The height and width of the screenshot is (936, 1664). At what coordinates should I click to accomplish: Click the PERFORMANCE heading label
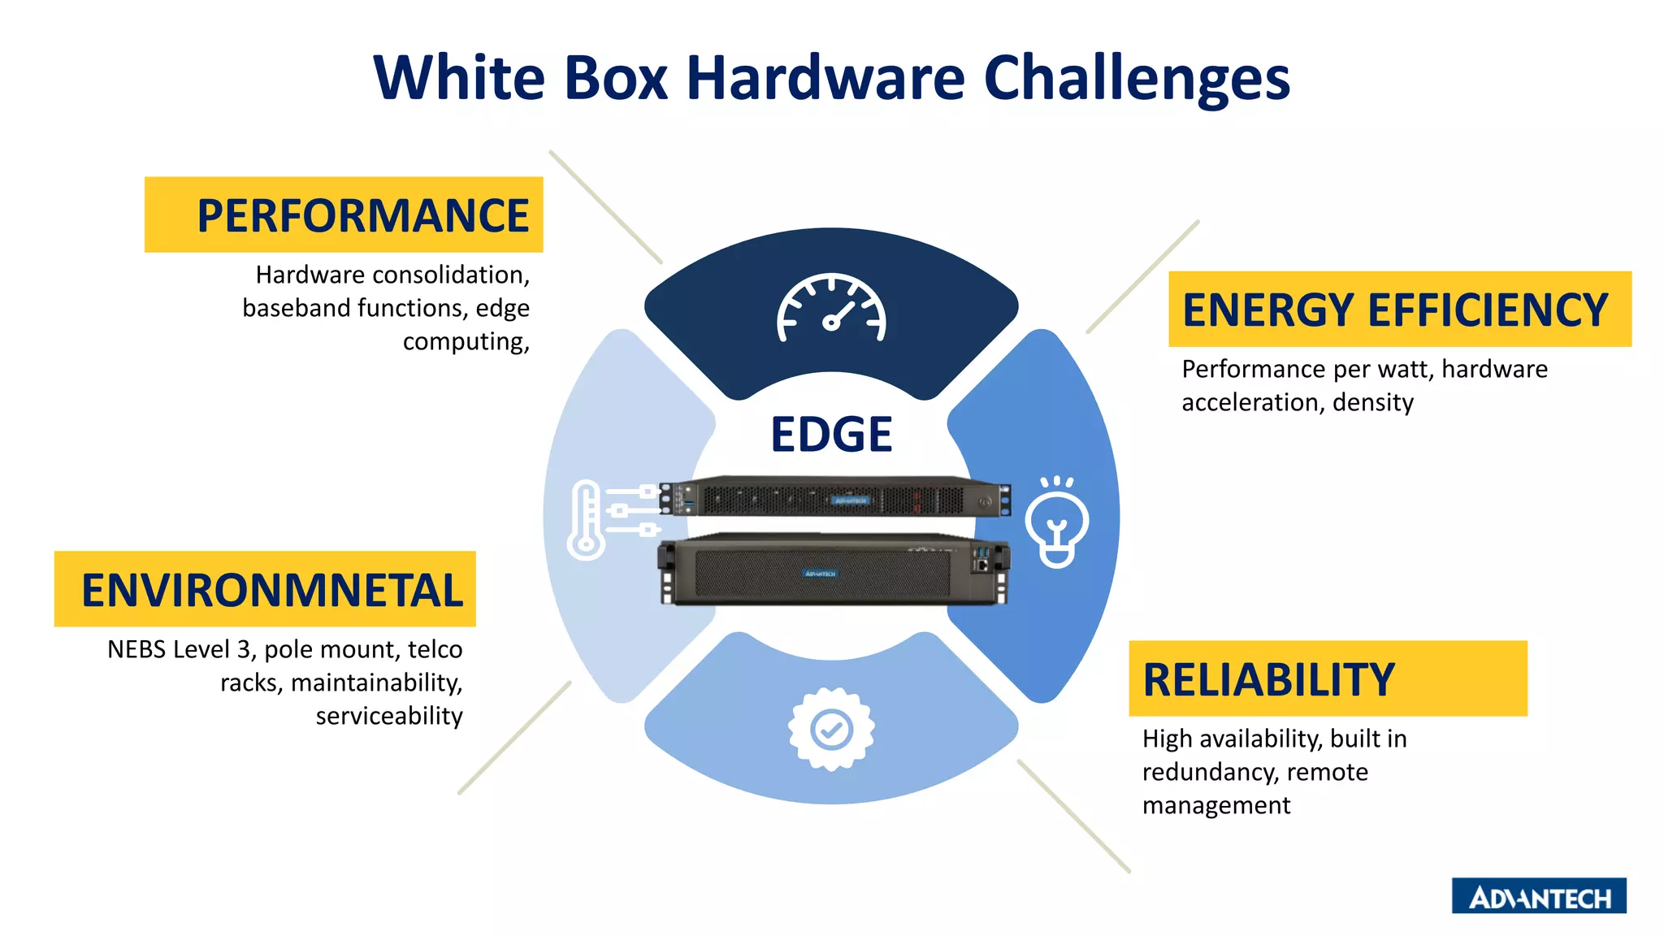tap(362, 215)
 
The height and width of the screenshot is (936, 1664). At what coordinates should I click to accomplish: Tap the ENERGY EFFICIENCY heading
tap(1395, 310)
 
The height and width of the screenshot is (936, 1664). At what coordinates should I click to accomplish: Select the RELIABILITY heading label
tap(1268, 679)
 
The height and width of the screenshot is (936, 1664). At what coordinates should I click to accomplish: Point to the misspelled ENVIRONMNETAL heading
tap(271, 590)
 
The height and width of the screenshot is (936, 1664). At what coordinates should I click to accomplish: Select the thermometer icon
tap(587, 520)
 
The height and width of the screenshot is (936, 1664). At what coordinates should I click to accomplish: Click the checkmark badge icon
tap(831, 729)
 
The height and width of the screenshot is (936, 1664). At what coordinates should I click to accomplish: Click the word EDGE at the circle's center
tap(831, 435)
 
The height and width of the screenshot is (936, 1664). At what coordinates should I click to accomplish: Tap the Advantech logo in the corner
tap(1539, 896)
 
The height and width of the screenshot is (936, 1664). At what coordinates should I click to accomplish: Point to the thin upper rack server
tap(835, 496)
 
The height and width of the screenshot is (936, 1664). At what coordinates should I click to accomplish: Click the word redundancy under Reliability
tap(1207, 772)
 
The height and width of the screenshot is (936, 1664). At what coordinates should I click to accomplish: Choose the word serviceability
tap(389, 717)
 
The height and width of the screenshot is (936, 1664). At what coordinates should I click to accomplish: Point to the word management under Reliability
tap(1216, 805)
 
